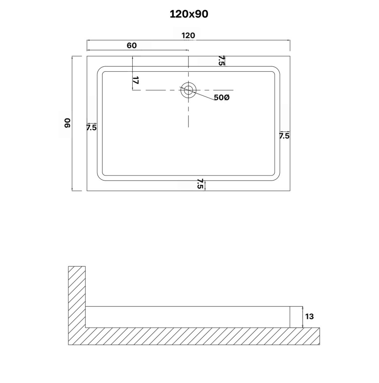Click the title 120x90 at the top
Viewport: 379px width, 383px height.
(x=189, y=14)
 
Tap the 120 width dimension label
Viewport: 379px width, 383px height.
(x=188, y=36)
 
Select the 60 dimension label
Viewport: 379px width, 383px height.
(x=132, y=46)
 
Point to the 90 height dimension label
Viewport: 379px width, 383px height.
(x=68, y=123)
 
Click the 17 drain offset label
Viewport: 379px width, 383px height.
(x=136, y=80)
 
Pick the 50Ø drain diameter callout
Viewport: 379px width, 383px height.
(x=222, y=97)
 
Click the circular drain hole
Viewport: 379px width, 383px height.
(x=188, y=90)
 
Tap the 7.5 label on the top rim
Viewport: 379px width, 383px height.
(x=221, y=61)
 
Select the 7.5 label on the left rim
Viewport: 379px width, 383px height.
(x=92, y=128)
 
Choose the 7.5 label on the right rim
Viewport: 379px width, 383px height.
(x=284, y=136)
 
